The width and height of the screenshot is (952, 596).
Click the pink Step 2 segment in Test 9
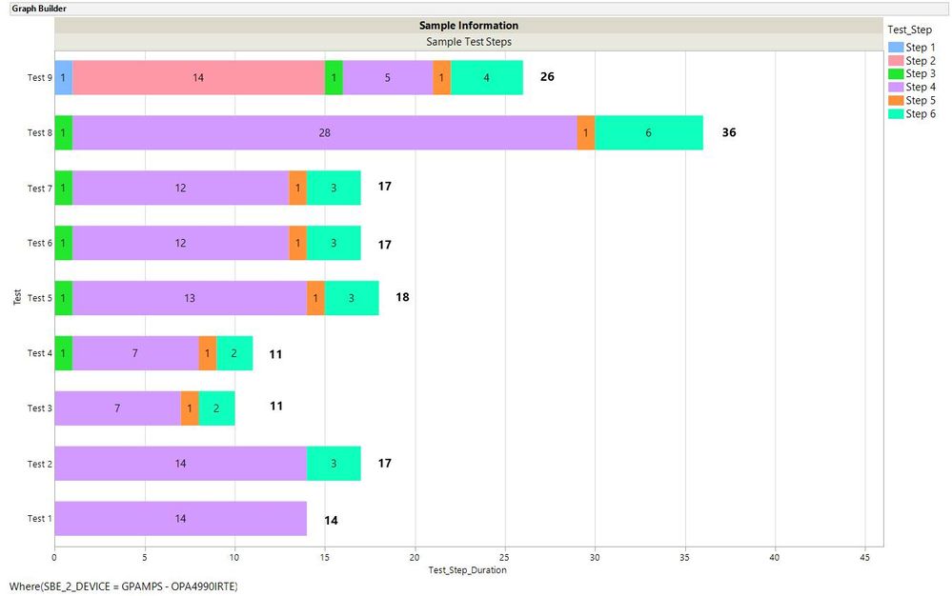[x=198, y=78]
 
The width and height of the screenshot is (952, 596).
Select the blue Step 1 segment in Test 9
[x=63, y=78]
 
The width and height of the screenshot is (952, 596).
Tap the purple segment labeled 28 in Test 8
[x=325, y=133]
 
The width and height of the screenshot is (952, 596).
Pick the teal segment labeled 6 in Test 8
[x=648, y=133]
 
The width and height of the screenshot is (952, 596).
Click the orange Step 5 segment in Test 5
[x=315, y=298]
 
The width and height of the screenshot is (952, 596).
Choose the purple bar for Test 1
[x=180, y=519]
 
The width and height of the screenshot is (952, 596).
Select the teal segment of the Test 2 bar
[x=334, y=464]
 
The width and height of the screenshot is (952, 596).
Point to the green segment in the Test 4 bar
[x=63, y=353]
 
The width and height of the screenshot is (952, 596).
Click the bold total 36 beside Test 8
[x=729, y=132]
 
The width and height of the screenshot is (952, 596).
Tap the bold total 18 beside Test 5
[x=402, y=297]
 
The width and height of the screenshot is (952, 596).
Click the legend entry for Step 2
[x=920, y=61]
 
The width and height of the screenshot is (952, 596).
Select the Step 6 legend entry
[x=920, y=114]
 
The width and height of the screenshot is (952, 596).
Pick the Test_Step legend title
[x=909, y=30]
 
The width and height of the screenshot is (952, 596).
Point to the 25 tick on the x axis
[x=504, y=558]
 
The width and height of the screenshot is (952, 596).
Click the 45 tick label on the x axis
[x=864, y=558]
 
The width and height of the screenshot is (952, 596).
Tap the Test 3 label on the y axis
[x=37, y=408]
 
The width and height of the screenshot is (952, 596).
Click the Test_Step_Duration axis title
[x=468, y=570]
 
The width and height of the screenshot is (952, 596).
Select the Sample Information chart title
[x=469, y=26]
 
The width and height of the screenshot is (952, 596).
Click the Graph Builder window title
[x=39, y=9]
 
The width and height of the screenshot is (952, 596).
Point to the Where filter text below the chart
[x=123, y=586]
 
